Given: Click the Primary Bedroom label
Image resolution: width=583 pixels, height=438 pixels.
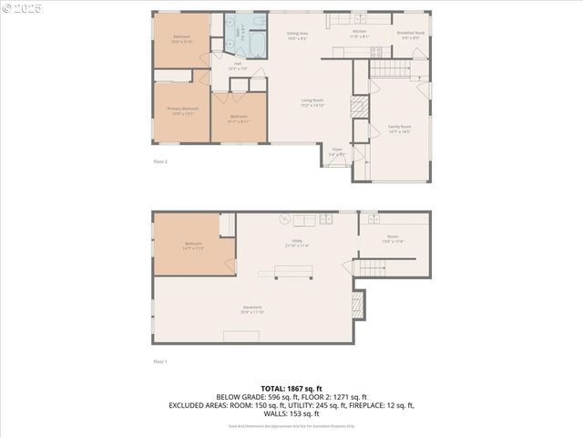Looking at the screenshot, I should point(182,110).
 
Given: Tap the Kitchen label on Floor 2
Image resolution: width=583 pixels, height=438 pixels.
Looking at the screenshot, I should point(361,34).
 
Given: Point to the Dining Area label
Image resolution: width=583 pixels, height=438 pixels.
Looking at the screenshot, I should point(298,36).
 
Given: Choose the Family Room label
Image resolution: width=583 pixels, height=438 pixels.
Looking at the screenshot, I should point(400,130).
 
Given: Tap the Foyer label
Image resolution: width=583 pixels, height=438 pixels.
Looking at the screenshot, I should point(336,151).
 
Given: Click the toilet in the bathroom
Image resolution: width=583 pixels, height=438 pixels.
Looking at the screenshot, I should point(260,20).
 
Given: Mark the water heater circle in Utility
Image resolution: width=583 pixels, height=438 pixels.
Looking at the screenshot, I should point(284,219).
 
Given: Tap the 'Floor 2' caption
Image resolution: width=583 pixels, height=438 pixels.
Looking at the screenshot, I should point(160,162).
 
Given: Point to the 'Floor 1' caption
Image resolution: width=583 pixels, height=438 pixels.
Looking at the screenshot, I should point(160,361).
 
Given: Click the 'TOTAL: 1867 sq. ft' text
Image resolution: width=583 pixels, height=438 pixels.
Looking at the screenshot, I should point(291,390).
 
